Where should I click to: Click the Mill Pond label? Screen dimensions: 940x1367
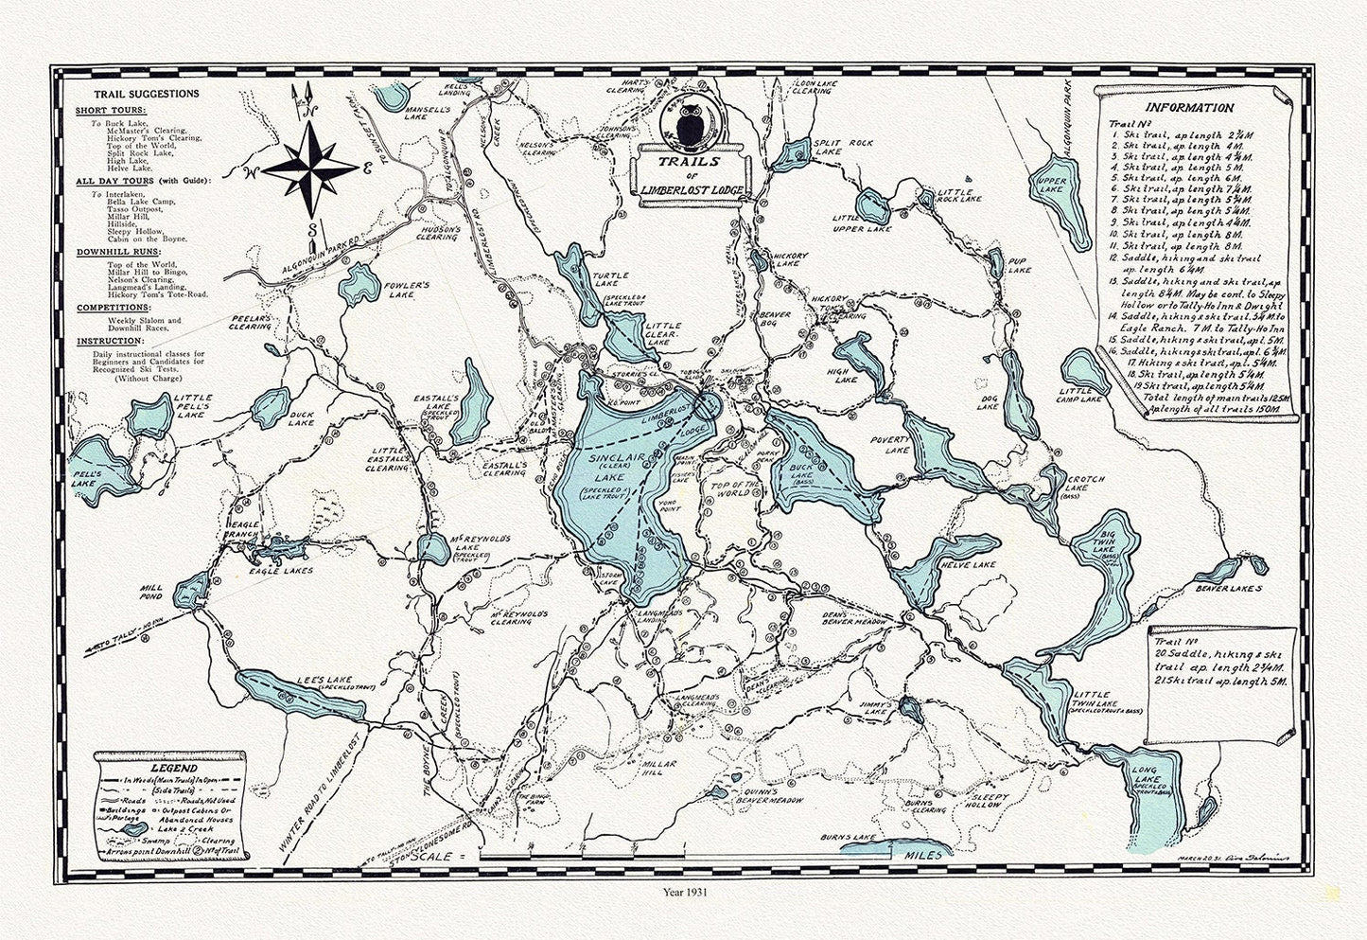[154, 593]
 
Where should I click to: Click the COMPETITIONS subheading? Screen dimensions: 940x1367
[113, 307]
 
